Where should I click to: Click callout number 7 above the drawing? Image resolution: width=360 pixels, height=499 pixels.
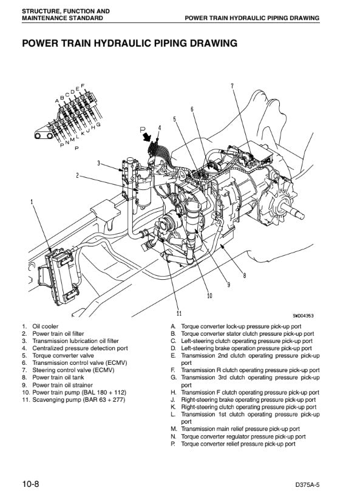232,86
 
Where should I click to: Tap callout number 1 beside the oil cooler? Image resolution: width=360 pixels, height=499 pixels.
32,202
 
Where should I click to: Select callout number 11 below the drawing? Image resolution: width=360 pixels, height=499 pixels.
179,313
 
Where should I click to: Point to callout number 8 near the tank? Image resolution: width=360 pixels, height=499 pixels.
245,275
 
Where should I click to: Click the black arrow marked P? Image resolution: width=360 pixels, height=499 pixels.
147,137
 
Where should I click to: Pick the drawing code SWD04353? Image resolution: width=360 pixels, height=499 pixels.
303,316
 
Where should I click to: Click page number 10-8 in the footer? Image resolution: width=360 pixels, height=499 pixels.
31,484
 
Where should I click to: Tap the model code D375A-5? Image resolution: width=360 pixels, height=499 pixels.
307,485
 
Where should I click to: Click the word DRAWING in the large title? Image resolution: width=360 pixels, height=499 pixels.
214,43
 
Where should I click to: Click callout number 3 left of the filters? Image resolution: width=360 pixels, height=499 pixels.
99,163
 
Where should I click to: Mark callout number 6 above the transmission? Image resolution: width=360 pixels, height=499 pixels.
192,109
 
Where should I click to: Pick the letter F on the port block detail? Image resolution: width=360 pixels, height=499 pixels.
83,86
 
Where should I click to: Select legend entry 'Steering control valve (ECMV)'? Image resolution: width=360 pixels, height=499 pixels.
73,370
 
